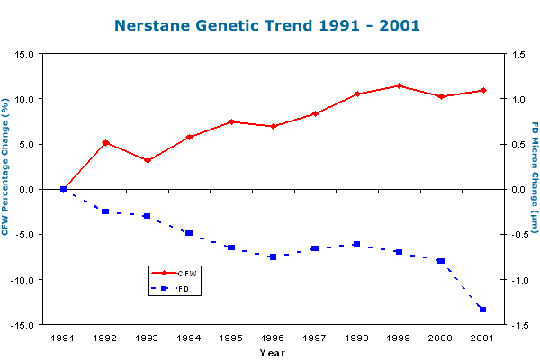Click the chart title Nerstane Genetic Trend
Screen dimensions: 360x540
pyautogui.click(x=269, y=25)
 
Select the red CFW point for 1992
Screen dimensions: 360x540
pyautogui.click(x=105, y=142)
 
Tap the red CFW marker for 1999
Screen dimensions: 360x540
pyautogui.click(x=400, y=85)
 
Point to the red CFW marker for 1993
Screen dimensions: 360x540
pyautogui.click(x=147, y=160)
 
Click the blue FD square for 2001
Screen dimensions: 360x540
pyautogui.click(x=483, y=310)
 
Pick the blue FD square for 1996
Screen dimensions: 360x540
pyautogui.click(x=273, y=256)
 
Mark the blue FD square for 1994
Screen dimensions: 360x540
pyautogui.click(x=189, y=233)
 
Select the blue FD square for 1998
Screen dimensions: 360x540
pyautogui.click(x=357, y=244)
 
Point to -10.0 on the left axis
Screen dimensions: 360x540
pyautogui.click(x=21, y=280)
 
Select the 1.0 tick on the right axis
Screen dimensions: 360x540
pyautogui.click(x=514, y=99)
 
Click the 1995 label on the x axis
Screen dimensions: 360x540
pyautogui.click(x=231, y=338)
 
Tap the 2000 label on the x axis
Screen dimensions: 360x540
pyautogui.click(x=441, y=338)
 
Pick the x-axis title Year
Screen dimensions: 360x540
pyautogui.click(x=272, y=353)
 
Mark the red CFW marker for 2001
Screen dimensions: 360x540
pyautogui.click(x=483, y=90)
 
